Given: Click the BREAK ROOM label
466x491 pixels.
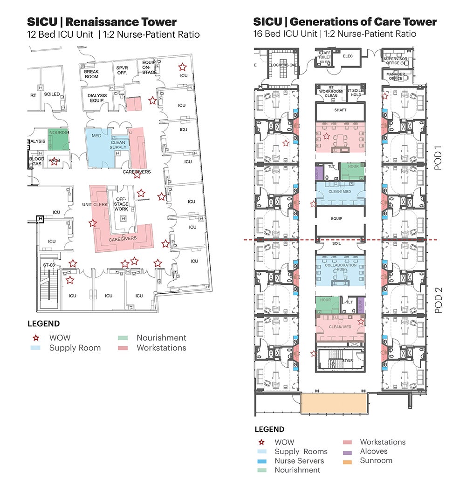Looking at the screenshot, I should click(x=91, y=74).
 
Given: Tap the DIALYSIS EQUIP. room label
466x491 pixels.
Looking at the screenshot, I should click(x=97, y=98).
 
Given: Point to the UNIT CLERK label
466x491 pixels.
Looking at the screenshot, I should click(x=95, y=204).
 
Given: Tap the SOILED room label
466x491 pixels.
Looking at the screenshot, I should click(x=52, y=94).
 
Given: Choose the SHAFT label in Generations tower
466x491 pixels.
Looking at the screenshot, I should click(x=340, y=110).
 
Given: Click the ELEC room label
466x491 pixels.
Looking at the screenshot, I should click(x=348, y=56).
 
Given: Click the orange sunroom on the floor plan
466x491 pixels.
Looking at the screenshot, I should click(x=331, y=403).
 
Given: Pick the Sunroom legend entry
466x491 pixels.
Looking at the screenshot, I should click(x=376, y=460).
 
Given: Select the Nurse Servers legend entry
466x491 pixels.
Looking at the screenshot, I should click(x=299, y=460).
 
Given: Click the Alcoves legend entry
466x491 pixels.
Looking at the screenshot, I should click(x=373, y=451).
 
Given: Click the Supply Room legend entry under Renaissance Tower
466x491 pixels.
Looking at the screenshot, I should click(x=75, y=348).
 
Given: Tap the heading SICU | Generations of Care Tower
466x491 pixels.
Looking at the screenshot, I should click(x=345, y=22).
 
